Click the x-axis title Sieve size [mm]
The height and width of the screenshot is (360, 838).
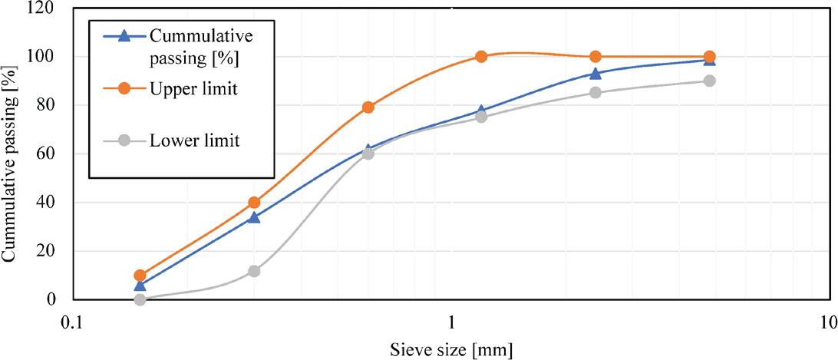tap(450, 348)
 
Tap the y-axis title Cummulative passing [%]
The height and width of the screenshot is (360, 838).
tap(12, 154)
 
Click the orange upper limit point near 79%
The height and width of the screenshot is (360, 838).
tap(368, 107)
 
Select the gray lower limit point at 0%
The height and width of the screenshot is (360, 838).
tap(140, 299)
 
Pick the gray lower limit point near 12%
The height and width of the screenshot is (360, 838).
tap(254, 271)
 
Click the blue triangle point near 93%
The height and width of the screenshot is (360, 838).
tap(596, 74)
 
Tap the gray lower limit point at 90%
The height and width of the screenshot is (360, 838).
tap(709, 81)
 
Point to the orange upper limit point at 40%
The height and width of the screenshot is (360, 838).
tap(254, 203)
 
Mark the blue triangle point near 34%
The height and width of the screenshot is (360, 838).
tap(254, 217)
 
